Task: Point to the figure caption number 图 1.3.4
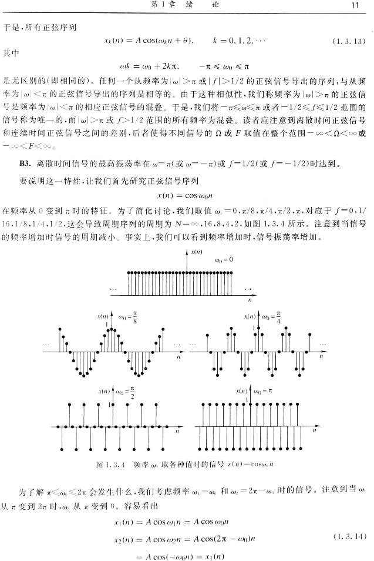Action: click(x=112, y=465)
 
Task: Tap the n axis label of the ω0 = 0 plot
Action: click(x=249, y=299)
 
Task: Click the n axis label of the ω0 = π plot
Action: click(x=315, y=431)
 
